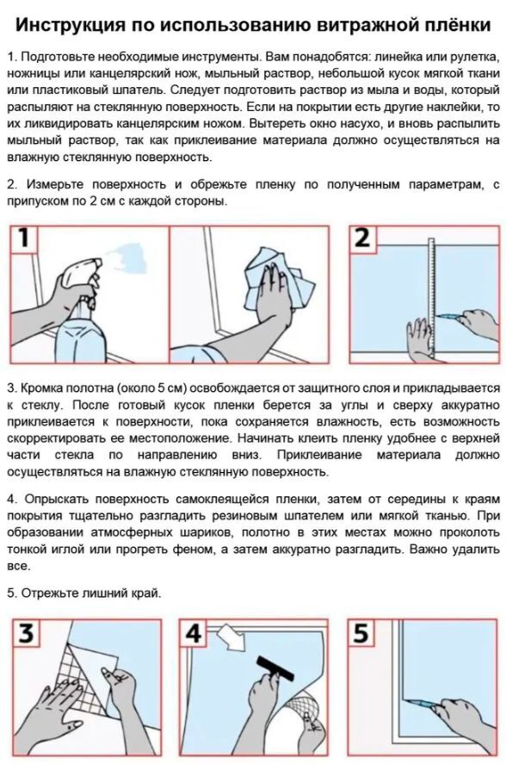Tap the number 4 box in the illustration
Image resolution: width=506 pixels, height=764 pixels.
tap(194, 632)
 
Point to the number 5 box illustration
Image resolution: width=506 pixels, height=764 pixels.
tap(361, 632)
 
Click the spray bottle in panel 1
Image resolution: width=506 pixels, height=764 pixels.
tap(80, 312)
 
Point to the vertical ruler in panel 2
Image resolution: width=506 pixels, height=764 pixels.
tap(431, 300)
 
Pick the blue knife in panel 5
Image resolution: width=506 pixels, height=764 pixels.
tap(422, 703)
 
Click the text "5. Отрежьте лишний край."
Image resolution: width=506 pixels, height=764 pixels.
tap(83, 593)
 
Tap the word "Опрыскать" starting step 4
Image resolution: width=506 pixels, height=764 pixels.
tap(56, 500)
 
